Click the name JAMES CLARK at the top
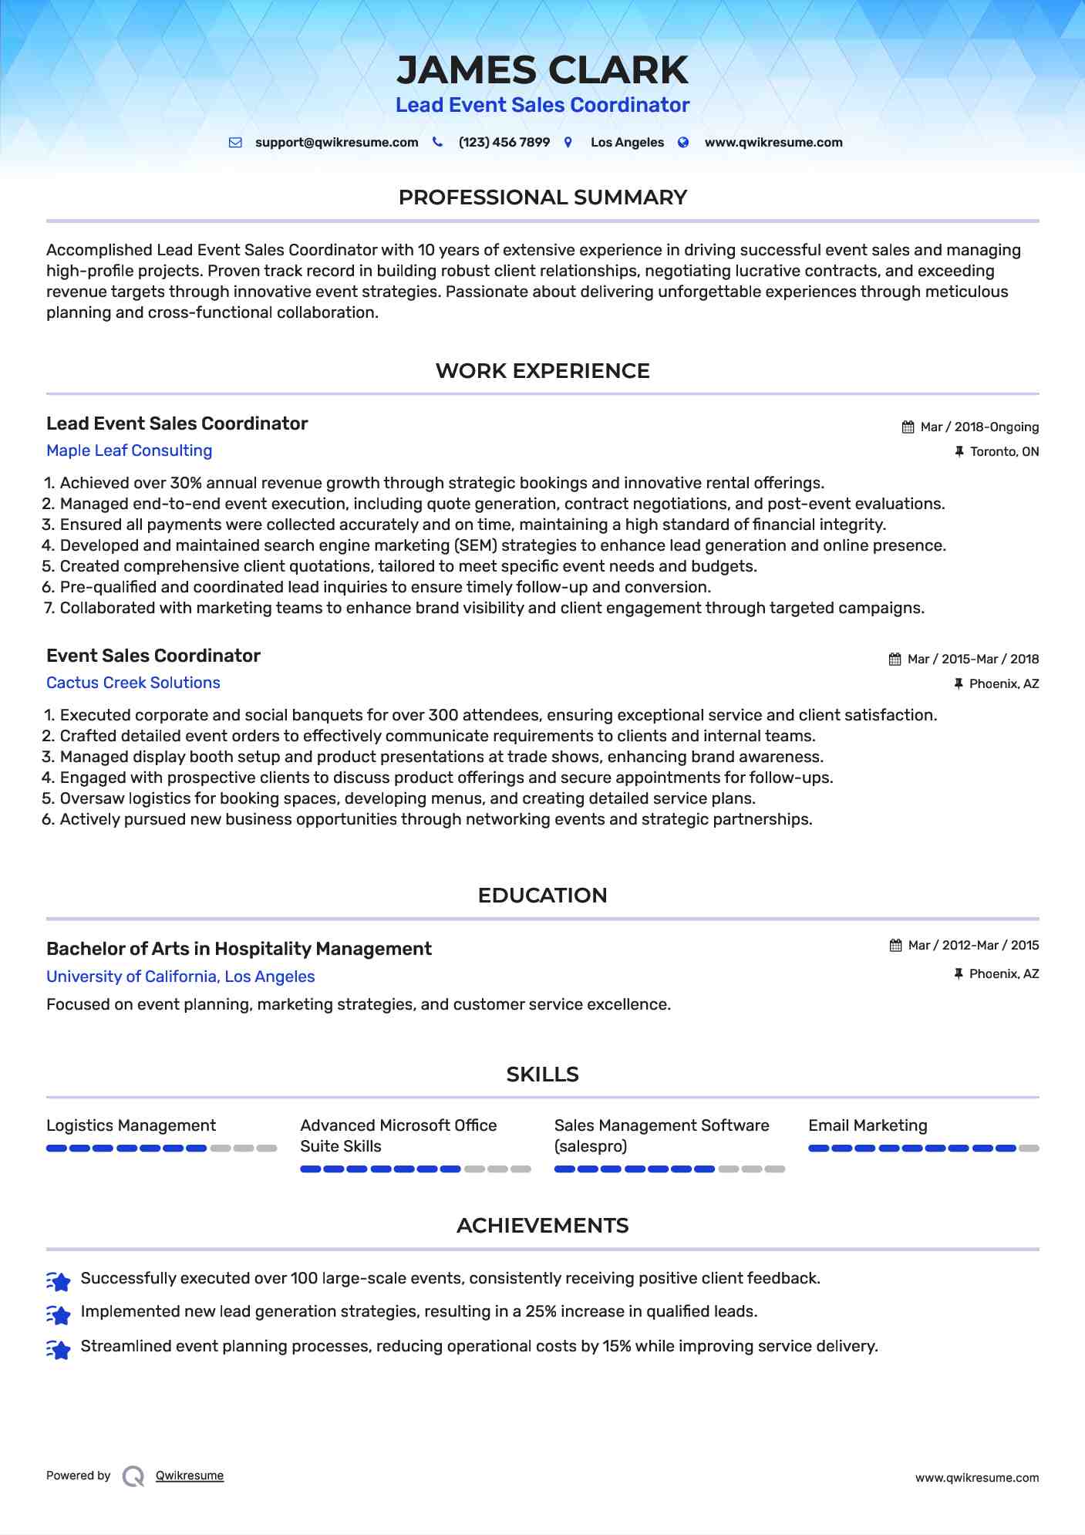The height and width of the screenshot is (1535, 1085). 542,70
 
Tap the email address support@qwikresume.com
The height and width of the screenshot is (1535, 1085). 336,143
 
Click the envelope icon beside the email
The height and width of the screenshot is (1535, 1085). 235,143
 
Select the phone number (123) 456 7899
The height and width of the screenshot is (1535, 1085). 504,143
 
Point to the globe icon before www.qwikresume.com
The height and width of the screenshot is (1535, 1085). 683,143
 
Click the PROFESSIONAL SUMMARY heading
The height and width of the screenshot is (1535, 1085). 542,197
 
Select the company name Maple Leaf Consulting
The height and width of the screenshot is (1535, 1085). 129,450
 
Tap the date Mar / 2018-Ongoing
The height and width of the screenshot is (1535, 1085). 979,427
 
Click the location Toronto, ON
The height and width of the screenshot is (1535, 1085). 1004,452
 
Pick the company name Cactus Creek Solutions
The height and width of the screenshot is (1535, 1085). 133,683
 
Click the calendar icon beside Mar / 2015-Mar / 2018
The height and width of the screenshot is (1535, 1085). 895,660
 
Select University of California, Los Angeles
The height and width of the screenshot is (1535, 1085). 180,977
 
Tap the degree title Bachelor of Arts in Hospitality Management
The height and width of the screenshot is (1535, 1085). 238,949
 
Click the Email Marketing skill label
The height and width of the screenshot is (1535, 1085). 868,1125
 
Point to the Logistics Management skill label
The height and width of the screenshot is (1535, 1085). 131,1125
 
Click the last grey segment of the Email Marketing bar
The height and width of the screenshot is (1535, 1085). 1029,1149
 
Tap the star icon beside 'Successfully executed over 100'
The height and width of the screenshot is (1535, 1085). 59,1280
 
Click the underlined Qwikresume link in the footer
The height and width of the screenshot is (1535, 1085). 190,1476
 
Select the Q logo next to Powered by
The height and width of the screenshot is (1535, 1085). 133,1476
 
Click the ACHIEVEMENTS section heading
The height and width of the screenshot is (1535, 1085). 542,1226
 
